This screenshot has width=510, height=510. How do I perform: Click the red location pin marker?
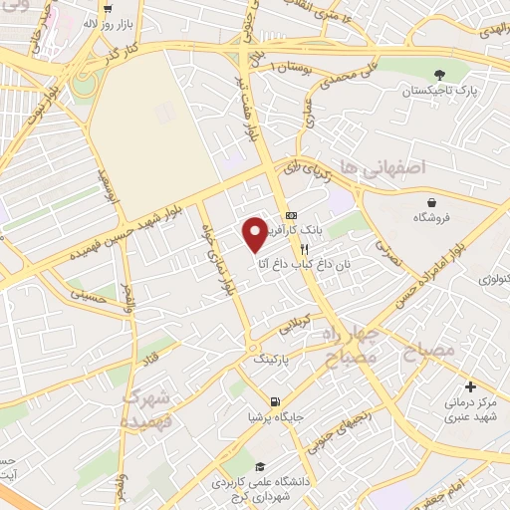[x=255, y=233]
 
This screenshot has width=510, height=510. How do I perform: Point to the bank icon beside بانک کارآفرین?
[x=291, y=215]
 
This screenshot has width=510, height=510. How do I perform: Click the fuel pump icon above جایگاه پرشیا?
[x=270, y=402]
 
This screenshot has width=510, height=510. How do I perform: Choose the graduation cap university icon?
[x=260, y=466]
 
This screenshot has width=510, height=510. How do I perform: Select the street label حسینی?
[x=85, y=295]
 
